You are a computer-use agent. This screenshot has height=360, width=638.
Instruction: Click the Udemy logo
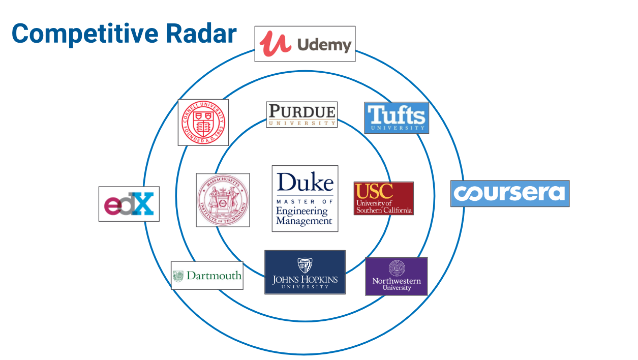[x=305, y=44]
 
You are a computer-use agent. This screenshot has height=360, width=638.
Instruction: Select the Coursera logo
[x=509, y=193]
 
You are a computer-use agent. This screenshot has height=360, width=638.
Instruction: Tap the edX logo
[x=129, y=204]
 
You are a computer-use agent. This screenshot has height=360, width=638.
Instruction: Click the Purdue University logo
[x=301, y=114]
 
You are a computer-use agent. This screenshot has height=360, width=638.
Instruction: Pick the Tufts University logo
[x=397, y=117]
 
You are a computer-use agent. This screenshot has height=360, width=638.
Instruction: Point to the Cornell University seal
[x=203, y=123]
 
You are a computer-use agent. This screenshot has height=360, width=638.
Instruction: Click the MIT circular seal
[x=223, y=200]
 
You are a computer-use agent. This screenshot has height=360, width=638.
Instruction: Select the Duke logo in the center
[x=305, y=198]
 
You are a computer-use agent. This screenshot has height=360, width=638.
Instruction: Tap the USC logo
[x=383, y=198]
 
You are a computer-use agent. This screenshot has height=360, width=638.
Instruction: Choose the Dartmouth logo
[x=207, y=276]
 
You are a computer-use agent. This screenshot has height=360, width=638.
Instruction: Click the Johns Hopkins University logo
[x=305, y=272]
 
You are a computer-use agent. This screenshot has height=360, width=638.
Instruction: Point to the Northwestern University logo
[x=397, y=277]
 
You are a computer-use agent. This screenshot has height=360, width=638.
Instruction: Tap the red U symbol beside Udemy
[x=276, y=44]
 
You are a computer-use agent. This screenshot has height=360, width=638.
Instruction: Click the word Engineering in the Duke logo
[x=302, y=211]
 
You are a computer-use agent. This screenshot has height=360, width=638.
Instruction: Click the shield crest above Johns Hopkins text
[x=305, y=264]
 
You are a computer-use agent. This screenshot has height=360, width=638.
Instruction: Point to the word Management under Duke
[x=304, y=221]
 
